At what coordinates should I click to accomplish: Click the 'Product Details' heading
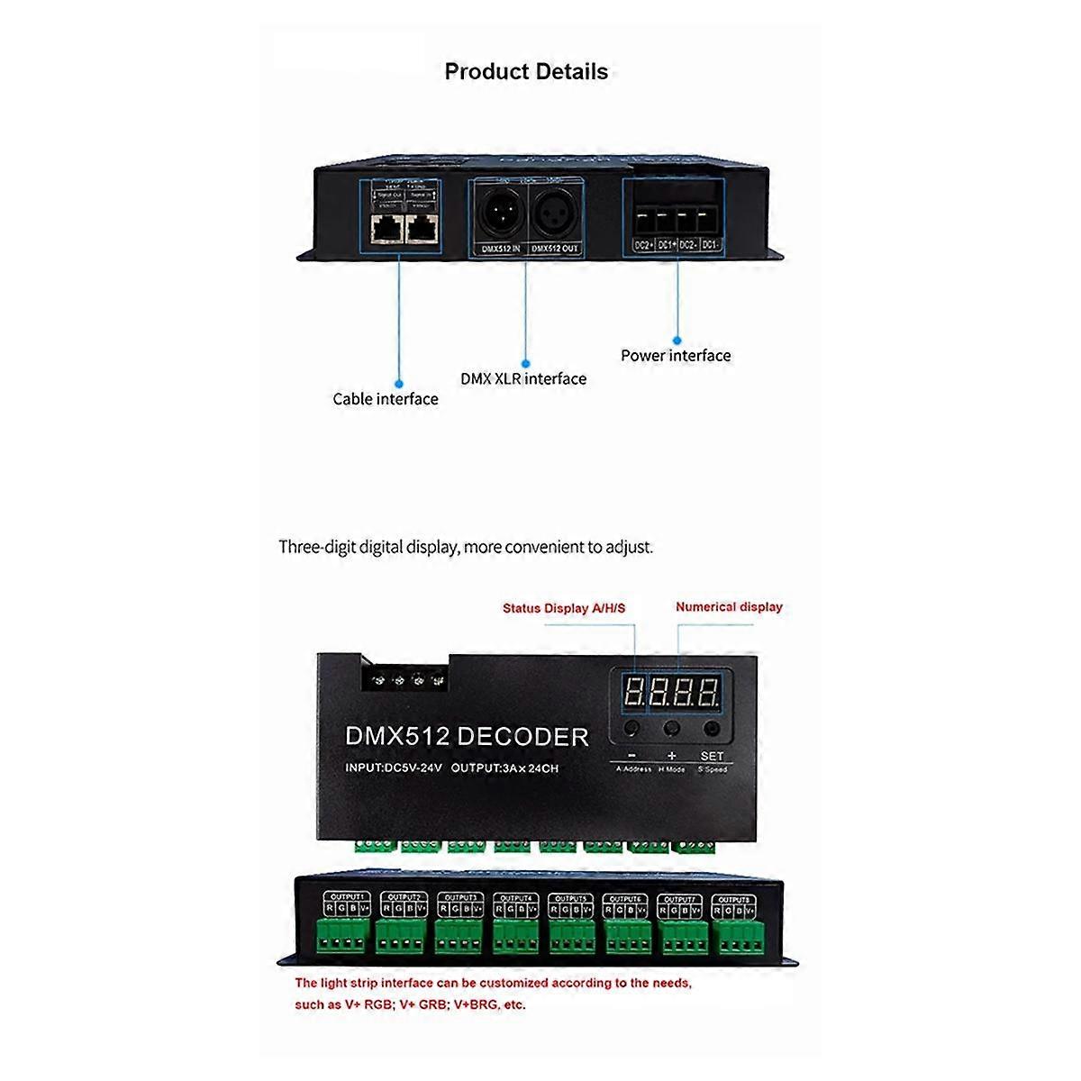526,72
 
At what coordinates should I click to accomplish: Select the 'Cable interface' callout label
386,399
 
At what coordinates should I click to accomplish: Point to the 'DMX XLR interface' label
523,379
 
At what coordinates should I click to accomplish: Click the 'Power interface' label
676,356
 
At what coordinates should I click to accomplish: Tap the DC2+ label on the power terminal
643,245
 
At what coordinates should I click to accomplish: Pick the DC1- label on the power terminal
710,245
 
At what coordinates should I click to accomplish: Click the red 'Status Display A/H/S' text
564,609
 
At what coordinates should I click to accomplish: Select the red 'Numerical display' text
729,607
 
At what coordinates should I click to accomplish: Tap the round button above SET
712,728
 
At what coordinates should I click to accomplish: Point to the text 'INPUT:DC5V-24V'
394,768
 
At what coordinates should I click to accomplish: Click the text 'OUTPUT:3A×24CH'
504,768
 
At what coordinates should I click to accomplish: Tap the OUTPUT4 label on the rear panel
515,898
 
